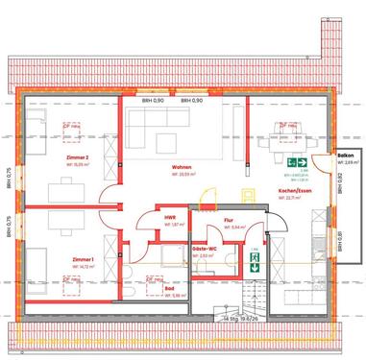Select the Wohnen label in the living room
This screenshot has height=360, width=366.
tap(183, 167)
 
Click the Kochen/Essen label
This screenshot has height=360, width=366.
tap(294, 192)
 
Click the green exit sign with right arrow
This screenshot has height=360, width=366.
tap(300, 163)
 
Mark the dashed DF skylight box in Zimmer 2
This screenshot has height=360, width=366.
tap(70, 126)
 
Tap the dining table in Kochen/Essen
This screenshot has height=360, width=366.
tap(287, 144)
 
